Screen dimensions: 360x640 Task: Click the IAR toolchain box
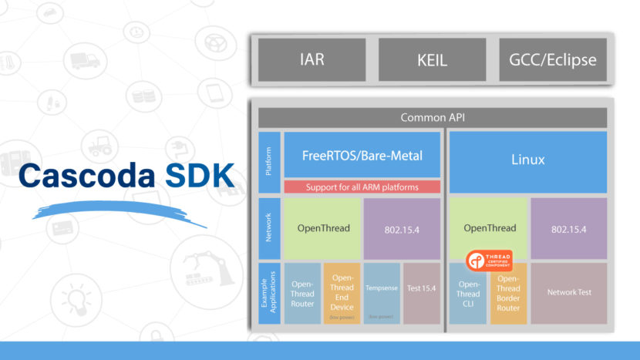point(312,60)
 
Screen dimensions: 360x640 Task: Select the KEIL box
point(432,60)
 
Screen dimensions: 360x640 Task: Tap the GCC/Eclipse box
point(553,60)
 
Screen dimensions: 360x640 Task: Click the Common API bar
point(432,118)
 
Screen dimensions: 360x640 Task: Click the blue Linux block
point(528,160)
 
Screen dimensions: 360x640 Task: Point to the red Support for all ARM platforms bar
point(362,187)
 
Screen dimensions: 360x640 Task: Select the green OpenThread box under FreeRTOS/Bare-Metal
point(322,228)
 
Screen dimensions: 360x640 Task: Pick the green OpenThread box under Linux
point(487,228)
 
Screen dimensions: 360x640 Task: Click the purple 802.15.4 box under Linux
point(568,228)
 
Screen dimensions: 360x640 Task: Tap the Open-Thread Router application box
point(302,294)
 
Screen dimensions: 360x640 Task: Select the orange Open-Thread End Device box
point(342,294)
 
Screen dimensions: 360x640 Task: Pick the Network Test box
point(568,294)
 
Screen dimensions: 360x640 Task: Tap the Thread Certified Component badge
point(489,260)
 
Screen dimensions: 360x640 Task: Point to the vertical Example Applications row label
point(267,294)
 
